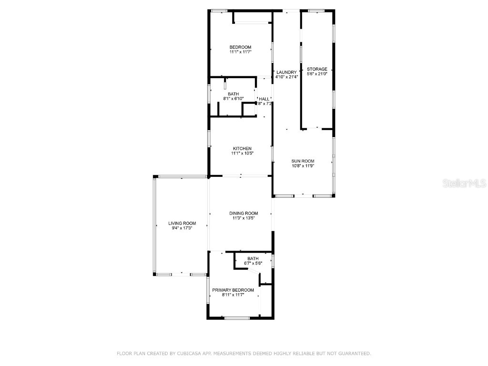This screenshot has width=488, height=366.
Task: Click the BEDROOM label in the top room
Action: (240, 47)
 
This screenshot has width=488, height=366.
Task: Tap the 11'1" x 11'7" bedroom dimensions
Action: (240, 52)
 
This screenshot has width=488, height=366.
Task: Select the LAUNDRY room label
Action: (286, 72)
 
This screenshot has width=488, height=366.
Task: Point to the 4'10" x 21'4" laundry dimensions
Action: (286, 77)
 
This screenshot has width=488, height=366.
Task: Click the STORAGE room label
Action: (317, 69)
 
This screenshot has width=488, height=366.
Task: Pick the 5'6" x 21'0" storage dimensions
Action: (317, 74)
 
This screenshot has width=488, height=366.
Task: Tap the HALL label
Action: (264, 99)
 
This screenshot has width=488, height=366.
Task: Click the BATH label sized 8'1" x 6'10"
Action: (234, 94)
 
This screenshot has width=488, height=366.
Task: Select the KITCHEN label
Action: (242, 149)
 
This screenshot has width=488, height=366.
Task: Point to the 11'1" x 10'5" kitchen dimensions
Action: (242, 153)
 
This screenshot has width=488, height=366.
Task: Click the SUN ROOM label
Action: (303, 161)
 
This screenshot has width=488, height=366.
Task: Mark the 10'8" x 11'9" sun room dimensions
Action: (303, 166)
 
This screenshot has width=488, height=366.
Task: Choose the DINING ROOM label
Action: (244, 213)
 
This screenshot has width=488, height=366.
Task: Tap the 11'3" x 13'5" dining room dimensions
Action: (244, 218)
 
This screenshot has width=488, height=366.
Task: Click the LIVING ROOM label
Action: (182, 223)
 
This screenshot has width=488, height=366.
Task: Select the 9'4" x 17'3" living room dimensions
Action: (182, 228)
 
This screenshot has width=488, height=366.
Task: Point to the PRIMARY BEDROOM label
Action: (233, 290)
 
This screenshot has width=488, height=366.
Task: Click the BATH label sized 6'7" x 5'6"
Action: (253, 258)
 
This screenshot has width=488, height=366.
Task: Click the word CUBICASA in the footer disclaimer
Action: (188, 354)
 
